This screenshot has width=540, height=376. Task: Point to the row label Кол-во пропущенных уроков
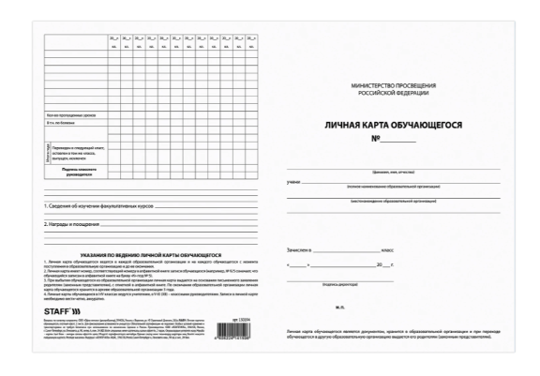pos(70,113)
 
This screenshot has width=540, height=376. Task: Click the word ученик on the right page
pos(292,180)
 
